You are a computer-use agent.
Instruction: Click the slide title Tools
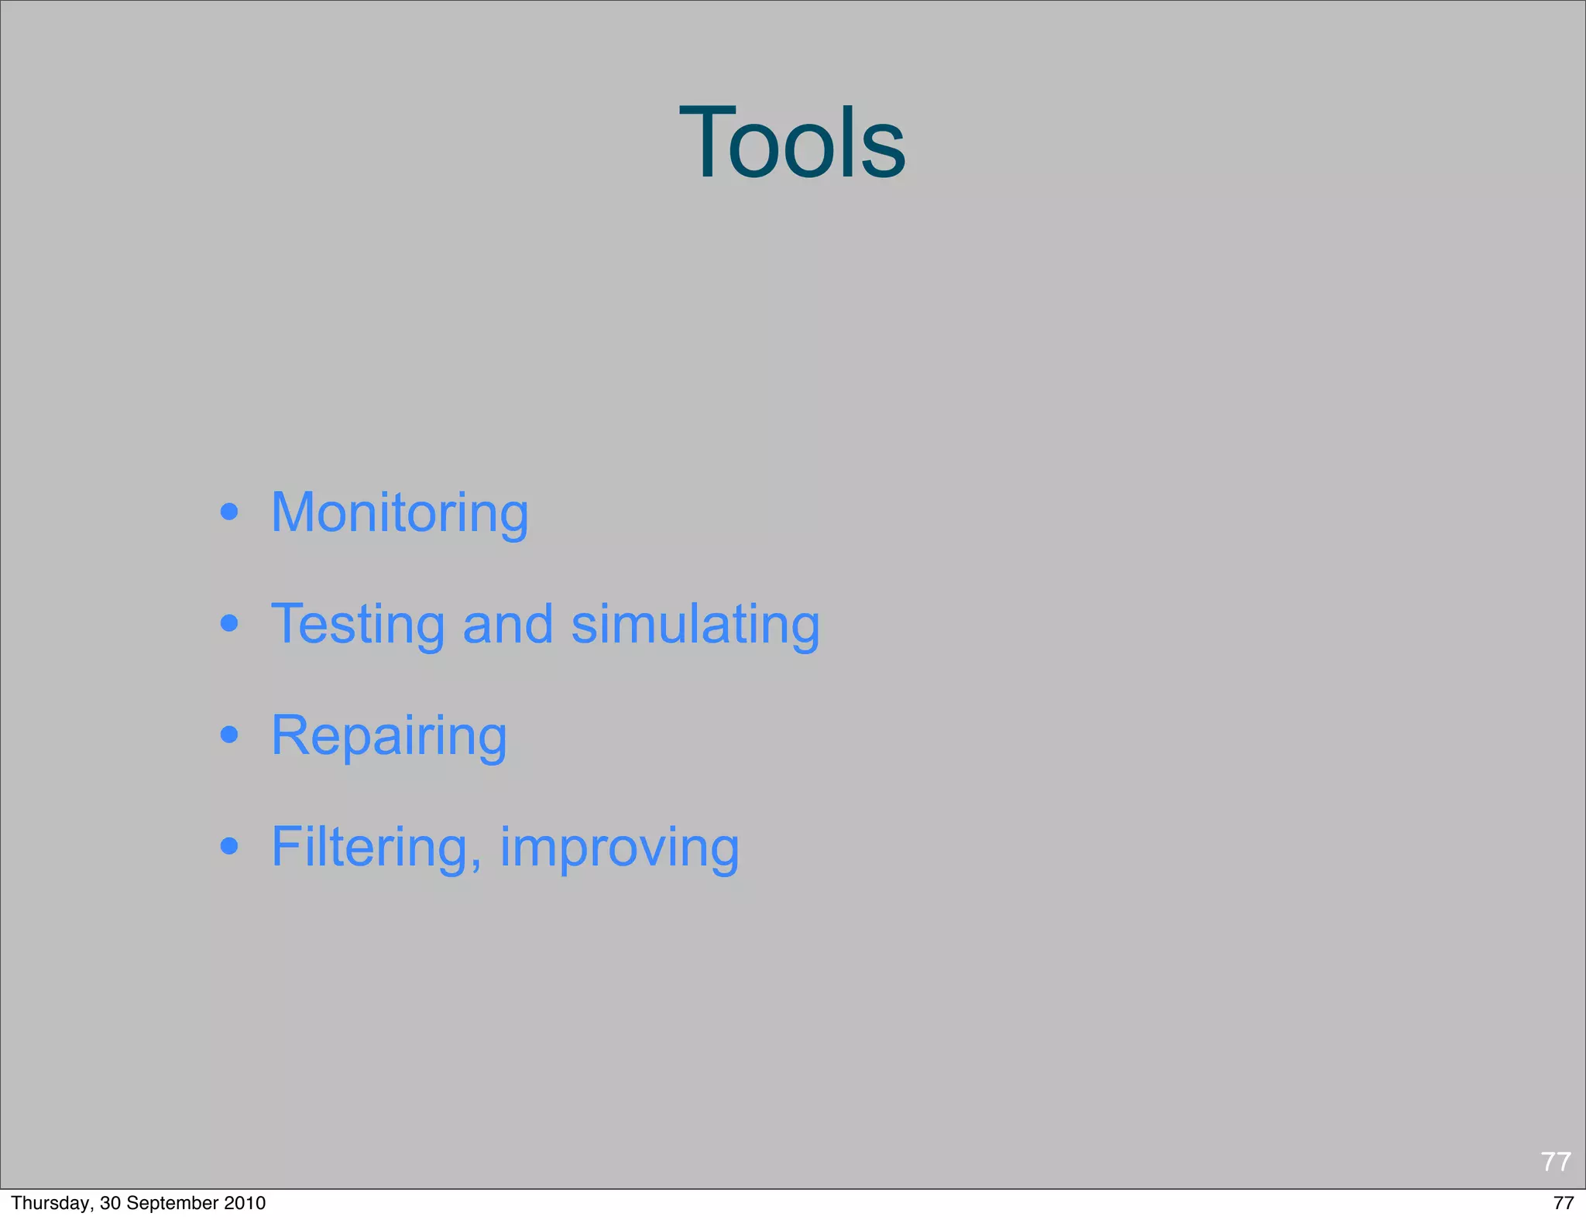pos(792,144)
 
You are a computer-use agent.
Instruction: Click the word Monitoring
pos(400,513)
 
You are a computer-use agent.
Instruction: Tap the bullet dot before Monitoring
pos(228,512)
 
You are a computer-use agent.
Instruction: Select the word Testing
pos(358,625)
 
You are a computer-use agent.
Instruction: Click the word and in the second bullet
pos(508,624)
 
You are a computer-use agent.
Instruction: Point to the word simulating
pos(695,625)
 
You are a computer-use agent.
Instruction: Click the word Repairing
pos(389,736)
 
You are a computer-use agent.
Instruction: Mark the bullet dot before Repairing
pos(228,734)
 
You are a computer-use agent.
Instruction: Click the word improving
pos(620,848)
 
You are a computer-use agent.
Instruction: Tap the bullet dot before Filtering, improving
pos(228,845)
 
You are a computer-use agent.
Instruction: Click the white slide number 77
pos(1555,1162)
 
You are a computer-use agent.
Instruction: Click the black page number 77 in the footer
pos(1564,1203)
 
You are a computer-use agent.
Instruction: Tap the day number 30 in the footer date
pos(110,1203)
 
